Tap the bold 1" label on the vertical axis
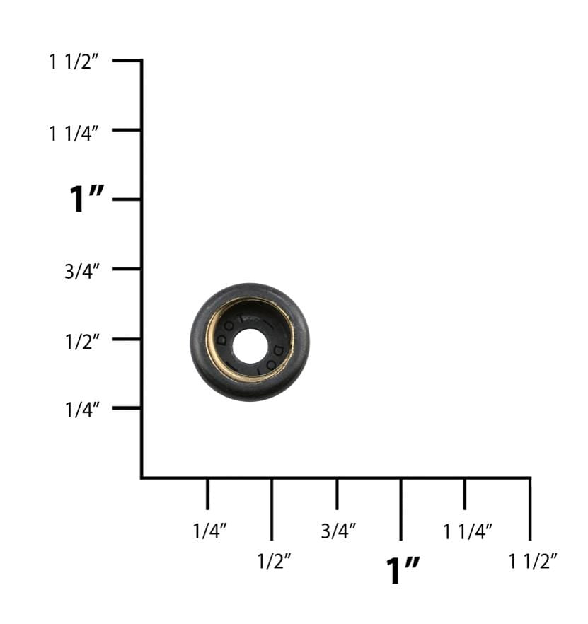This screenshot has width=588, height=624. pyautogui.click(x=86, y=200)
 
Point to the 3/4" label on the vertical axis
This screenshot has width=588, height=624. pyautogui.click(x=82, y=270)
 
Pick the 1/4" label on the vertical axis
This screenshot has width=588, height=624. pyautogui.click(x=82, y=410)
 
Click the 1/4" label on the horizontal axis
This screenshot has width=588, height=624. pyautogui.click(x=210, y=531)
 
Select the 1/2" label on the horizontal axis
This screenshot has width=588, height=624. pyautogui.click(x=274, y=562)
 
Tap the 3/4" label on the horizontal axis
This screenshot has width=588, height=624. pyautogui.click(x=338, y=531)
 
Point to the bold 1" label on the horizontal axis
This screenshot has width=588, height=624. pyautogui.click(x=403, y=570)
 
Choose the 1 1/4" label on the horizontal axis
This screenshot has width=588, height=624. pyautogui.click(x=468, y=531)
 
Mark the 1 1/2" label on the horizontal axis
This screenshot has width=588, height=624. pyautogui.click(x=533, y=562)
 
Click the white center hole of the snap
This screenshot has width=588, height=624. pyautogui.click(x=250, y=343)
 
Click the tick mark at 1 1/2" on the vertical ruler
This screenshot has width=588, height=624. pyautogui.click(x=127, y=61)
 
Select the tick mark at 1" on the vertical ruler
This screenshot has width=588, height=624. pyautogui.click(x=127, y=200)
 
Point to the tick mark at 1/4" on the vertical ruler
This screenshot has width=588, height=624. pyautogui.click(x=127, y=408)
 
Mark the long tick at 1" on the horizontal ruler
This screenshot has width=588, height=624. pyautogui.click(x=400, y=509)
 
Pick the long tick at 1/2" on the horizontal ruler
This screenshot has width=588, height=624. pyautogui.click(x=272, y=509)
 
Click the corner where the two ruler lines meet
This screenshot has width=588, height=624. pyautogui.click(x=142, y=478)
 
